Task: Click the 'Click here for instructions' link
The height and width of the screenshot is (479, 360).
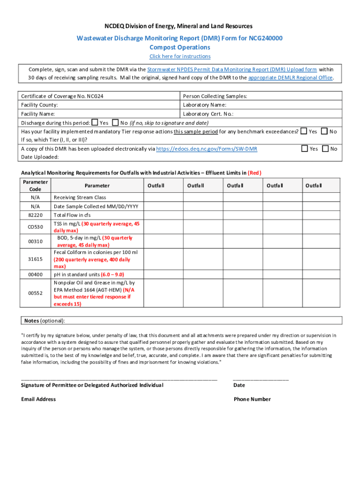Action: [x=180, y=57]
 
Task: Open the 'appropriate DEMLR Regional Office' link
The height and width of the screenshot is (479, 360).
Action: [x=290, y=78]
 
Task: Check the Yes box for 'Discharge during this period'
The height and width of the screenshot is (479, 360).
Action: [x=94, y=123]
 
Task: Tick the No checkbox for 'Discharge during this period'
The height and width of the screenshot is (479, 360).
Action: [x=115, y=123]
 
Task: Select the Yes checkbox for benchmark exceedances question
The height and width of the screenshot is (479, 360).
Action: [x=303, y=131]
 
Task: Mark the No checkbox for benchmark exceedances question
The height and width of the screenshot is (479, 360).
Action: [x=324, y=131]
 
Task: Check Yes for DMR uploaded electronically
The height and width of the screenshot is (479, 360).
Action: [x=304, y=149]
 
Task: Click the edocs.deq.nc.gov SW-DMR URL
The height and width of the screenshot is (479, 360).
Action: [x=206, y=149]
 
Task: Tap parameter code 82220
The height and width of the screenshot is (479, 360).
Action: [x=35, y=215]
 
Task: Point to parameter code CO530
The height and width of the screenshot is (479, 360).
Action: [x=35, y=227]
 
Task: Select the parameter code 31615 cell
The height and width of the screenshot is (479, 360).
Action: [x=35, y=259]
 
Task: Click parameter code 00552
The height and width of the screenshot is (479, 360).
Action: [x=35, y=293]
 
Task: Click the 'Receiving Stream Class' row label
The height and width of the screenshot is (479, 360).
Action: [x=80, y=197]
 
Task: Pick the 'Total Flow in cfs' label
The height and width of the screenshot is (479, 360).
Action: [x=72, y=215]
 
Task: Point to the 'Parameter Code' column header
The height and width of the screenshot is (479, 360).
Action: [x=35, y=185]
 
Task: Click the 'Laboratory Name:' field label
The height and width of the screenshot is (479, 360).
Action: [x=204, y=105]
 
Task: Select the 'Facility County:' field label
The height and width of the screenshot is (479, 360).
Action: [x=39, y=105]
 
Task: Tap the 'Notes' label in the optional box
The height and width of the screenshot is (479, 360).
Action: [x=32, y=321]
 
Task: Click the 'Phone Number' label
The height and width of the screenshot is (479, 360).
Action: [x=252, y=399]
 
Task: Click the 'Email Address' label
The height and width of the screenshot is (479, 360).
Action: [x=38, y=399]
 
